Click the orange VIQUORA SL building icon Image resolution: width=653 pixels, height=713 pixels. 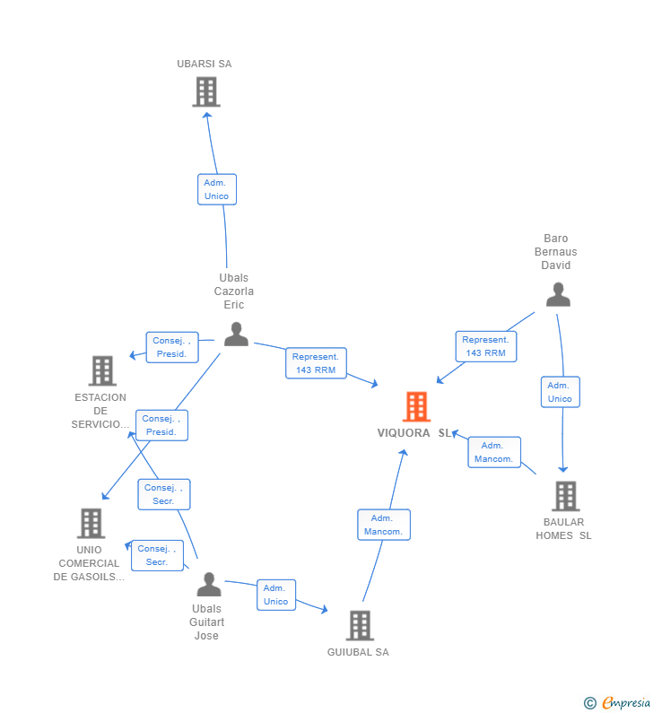[x=416, y=406]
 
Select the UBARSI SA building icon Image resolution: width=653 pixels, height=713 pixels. [x=206, y=91]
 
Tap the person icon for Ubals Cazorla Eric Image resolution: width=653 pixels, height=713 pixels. [x=236, y=334]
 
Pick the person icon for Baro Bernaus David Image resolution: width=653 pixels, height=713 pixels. [x=558, y=294]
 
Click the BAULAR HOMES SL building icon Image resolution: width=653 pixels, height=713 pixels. [x=565, y=495]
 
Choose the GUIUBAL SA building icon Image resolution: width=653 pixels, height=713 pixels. [x=360, y=625]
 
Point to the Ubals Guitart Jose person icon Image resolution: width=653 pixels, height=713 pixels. [x=209, y=585]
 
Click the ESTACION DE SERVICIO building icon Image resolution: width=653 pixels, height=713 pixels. [x=102, y=370]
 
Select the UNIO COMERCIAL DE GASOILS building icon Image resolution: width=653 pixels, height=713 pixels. [x=91, y=523]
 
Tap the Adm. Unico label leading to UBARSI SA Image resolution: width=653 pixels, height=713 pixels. [x=216, y=189]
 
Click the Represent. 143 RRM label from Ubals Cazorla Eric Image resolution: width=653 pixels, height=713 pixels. [x=316, y=363]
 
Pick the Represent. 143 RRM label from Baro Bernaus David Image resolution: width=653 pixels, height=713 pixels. [x=485, y=346]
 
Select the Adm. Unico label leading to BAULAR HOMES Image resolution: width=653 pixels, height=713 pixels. [x=560, y=392]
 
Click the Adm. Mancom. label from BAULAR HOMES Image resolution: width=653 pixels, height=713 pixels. [x=493, y=452]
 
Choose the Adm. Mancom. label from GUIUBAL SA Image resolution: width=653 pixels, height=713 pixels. [x=383, y=525]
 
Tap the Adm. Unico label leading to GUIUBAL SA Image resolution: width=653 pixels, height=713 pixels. [x=275, y=595]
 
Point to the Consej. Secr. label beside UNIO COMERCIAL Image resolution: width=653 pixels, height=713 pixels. [x=157, y=555]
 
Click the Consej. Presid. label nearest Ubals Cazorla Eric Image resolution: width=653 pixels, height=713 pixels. [x=171, y=347]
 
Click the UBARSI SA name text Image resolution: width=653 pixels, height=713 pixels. [x=205, y=64]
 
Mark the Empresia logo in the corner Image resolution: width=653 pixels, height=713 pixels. [x=619, y=703]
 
